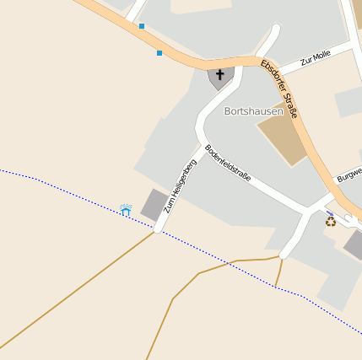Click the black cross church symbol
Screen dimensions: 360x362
[x=220, y=74]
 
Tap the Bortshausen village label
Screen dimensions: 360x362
[x=253, y=110]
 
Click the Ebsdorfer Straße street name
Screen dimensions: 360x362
[x=280, y=88]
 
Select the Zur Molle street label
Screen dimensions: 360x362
[x=316, y=57]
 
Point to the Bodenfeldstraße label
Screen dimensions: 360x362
[x=228, y=164]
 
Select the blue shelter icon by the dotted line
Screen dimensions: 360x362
[x=127, y=209]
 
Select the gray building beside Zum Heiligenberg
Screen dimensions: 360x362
[x=154, y=205]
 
